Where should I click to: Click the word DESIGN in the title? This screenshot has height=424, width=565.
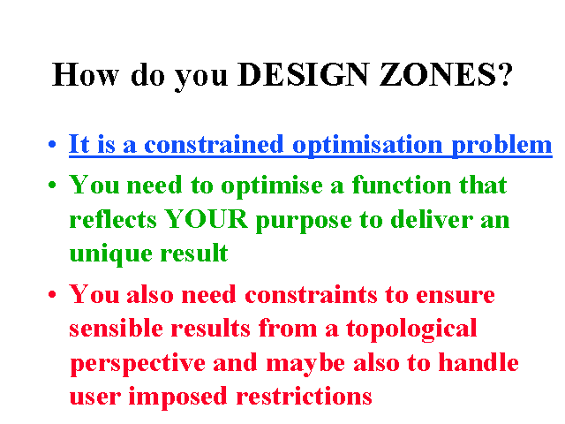point(304,74)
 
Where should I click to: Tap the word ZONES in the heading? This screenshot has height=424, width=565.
point(438,74)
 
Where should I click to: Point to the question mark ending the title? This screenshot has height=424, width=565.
point(505,74)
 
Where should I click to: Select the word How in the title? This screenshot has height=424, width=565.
point(86,74)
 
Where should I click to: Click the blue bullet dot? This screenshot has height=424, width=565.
point(52,145)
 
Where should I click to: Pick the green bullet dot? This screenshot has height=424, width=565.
point(52,185)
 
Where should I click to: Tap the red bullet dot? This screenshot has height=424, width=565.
point(52,294)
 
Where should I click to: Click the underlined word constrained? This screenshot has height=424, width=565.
point(214,144)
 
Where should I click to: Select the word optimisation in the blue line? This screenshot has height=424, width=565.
point(367,145)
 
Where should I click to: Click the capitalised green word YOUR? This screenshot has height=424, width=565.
point(206,219)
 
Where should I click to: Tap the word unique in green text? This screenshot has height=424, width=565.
point(110,254)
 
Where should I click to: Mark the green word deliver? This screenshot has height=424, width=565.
point(432,219)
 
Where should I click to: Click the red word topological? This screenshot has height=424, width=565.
point(411,329)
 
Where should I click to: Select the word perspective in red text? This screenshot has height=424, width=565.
point(138,363)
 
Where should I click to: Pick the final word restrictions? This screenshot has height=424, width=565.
point(304,396)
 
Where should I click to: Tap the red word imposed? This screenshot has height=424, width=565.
point(177,397)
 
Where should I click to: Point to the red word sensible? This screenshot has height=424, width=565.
point(116,328)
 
